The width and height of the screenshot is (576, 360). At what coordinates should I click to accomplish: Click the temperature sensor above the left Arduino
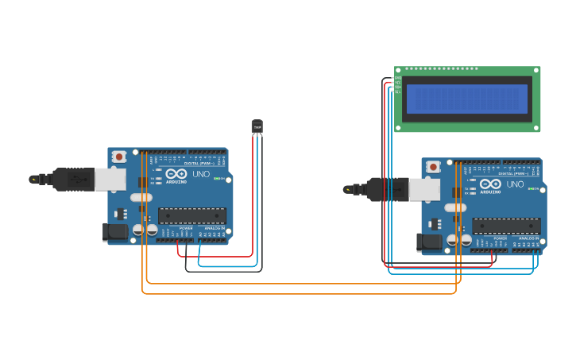[x=257, y=126]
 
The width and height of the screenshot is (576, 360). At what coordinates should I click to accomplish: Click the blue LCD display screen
[x=467, y=99]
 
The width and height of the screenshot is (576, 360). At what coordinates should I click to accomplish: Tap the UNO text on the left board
[x=201, y=174]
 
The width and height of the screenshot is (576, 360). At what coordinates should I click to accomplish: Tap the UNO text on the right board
[x=515, y=184]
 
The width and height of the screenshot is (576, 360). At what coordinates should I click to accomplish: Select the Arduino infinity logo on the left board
[x=176, y=173]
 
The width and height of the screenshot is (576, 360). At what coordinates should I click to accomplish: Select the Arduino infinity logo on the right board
[x=490, y=184]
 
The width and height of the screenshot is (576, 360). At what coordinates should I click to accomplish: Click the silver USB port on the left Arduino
[x=110, y=179]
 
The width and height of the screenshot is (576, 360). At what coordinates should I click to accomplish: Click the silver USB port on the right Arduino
[x=424, y=189]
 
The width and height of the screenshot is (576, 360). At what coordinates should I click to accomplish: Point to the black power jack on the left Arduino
[x=115, y=232]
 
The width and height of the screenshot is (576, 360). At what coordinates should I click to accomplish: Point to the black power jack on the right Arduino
[x=430, y=242]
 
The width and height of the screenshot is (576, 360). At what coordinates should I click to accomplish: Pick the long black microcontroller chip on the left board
[x=192, y=215]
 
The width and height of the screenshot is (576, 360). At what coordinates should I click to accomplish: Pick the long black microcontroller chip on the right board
[x=506, y=226]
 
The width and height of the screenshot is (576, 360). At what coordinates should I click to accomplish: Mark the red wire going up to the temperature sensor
[x=253, y=199]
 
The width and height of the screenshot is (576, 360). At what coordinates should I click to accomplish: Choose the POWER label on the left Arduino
[x=186, y=228]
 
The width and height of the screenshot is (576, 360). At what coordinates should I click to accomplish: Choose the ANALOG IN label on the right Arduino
[x=528, y=238]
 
